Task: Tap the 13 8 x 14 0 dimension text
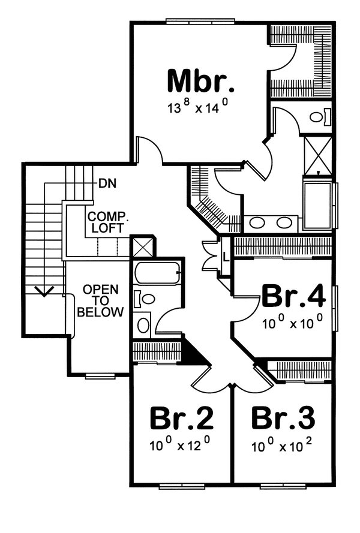coord(197,109)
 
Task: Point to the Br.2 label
coord(181,418)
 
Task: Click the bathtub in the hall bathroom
coord(157,275)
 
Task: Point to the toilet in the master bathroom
coord(317,116)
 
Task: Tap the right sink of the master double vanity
coord(284,223)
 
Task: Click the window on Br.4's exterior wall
coord(335,303)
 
